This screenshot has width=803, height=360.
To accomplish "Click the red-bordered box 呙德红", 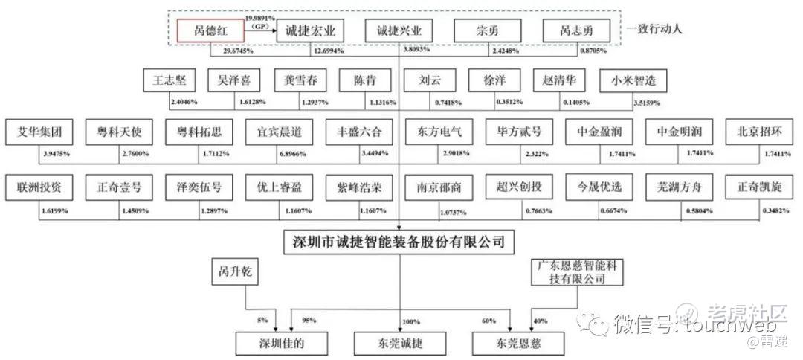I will point(210,32).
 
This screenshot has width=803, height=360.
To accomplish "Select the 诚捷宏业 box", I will point(310,32).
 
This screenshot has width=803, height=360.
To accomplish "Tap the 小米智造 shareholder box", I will point(634,80).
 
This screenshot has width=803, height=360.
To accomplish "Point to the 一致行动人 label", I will point(654,30).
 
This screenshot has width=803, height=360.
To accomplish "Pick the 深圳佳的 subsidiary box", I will point(271,343).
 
